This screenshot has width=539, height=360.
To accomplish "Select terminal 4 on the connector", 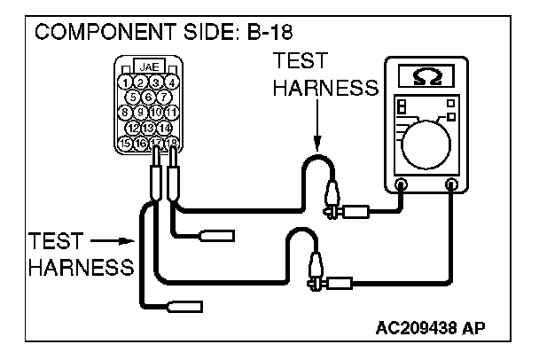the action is [x=171, y=82].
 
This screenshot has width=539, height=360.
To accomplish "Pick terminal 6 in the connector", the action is [x=149, y=97].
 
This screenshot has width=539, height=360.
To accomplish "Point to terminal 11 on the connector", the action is [x=171, y=113].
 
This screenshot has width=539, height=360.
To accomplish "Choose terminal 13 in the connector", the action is [x=149, y=128].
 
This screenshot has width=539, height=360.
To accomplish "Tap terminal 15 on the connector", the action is [x=126, y=143].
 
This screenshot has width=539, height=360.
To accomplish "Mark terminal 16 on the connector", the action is [x=141, y=143].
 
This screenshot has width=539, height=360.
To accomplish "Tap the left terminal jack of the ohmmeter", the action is [x=401, y=185].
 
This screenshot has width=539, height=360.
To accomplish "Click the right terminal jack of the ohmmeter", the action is [x=454, y=185].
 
